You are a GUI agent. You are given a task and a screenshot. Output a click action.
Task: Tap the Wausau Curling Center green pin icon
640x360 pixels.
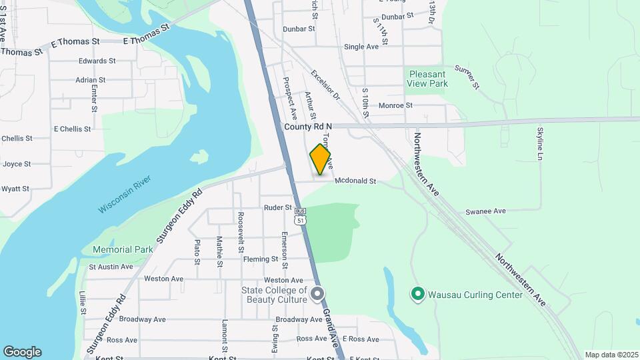click(x=417, y=294)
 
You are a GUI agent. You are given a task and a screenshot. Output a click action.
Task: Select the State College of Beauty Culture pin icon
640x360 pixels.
click(x=318, y=294)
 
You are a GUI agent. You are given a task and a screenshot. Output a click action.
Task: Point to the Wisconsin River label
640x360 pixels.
click(x=125, y=194)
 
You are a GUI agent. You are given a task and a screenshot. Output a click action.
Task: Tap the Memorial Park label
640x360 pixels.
click(x=123, y=249)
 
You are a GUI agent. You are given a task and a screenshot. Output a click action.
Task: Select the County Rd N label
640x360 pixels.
click(x=308, y=127)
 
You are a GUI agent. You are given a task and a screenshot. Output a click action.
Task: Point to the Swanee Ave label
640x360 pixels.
click(x=485, y=211)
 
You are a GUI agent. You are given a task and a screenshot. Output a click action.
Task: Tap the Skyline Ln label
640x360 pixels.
click(x=540, y=143)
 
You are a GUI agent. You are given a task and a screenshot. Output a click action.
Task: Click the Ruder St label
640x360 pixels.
click(x=278, y=208)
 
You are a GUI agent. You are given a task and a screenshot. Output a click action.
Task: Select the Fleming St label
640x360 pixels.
click(x=261, y=259)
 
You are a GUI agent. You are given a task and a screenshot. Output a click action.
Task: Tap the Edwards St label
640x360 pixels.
click(x=97, y=61)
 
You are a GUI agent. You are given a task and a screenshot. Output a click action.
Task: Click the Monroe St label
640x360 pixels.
click(x=395, y=105)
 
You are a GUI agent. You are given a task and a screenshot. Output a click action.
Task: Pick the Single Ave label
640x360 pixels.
click(x=361, y=47)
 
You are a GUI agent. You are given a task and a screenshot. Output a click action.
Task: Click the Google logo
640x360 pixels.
click(x=22, y=352)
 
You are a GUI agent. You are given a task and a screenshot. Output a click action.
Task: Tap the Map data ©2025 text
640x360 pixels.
click(x=610, y=355)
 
